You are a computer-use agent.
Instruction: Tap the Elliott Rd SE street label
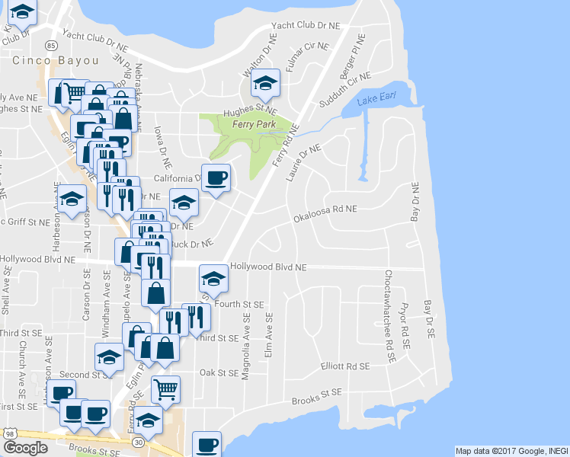click(344, 366)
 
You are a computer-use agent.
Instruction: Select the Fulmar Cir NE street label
click(308, 56)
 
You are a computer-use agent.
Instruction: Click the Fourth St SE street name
click(239, 304)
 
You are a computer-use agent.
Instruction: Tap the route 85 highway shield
click(50, 46)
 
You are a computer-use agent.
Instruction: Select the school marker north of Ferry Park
click(266, 84)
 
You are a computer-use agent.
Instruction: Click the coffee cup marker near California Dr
click(216, 177)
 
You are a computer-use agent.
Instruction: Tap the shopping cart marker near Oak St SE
click(165, 390)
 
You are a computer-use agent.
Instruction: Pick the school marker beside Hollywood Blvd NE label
click(213, 279)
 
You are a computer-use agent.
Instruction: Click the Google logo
click(25, 448)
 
